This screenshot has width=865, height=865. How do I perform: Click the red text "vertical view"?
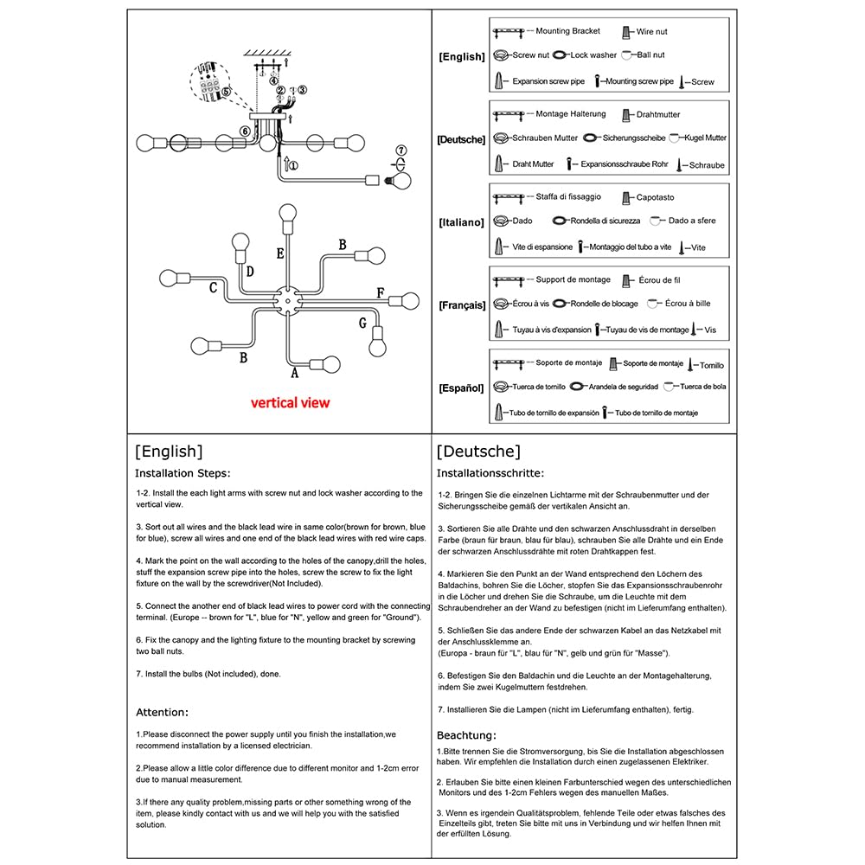pyautogui.click(x=290, y=402)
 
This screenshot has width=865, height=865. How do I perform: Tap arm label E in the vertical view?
pyautogui.click(x=280, y=253)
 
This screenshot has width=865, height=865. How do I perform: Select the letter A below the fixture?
pyautogui.click(x=294, y=374)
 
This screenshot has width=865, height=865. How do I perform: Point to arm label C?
pyautogui.click(x=213, y=288)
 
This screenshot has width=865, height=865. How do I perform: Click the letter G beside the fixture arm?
pyautogui.click(x=363, y=324)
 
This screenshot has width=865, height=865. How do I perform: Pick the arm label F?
pyautogui.click(x=380, y=292)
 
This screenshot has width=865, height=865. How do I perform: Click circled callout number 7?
pyautogui.click(x=400, y=151)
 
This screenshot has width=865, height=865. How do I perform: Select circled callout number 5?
pyautogui.click(x=226, y=90)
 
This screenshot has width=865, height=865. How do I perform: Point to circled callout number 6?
pyautogui.click(x=246, y=131)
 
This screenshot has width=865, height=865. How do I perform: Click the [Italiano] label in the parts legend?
pyautogui.click(x=461, y=222)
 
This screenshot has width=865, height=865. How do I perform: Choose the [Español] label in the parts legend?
pyautogui.click(x=461, y=388)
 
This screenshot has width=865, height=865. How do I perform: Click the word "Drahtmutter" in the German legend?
pyautogui.click(x=658, y=114)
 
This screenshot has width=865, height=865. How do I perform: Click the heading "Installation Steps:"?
pyautogui.click(x=183, y=473)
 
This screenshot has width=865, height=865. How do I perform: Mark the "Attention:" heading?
pyautogui.click(x=162, y=712)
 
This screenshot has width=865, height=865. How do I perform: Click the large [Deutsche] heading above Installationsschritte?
pyautogui.click(x=478, y=451)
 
